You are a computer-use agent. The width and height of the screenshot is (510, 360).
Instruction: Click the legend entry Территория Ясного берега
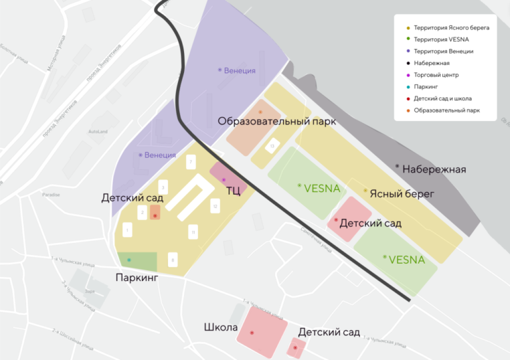click(x=451, y=29)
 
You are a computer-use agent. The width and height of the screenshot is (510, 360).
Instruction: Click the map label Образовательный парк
click(x=277, y=122)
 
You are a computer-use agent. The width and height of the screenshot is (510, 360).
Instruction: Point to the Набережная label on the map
click(x=434, y=169)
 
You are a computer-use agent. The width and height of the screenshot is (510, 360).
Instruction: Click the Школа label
click(x=221, y=328)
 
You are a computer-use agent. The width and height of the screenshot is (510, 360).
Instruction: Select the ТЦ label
click(x=234, y=191)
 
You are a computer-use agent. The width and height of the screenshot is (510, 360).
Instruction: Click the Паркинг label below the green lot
click(x=137, y=278)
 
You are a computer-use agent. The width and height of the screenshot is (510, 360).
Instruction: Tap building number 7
click(x=191, y=162)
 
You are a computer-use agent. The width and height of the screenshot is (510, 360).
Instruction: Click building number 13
click(x=272, y=146)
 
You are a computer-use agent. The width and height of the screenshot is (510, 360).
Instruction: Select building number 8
click(x=173, y=260)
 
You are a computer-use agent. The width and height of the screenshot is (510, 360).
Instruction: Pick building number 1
click(x=127, y=230)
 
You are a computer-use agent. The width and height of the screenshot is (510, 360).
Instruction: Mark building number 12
click(x=214, y=207)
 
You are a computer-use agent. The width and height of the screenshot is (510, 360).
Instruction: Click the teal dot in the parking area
click(x=129, y=260)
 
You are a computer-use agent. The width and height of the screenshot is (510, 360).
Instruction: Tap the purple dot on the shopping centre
click(x=224, y=180)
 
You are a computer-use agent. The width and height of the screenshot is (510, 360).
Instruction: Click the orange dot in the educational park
click(x=260, y=112)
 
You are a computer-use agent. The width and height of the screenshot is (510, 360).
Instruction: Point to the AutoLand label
click(x=98, y=132)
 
